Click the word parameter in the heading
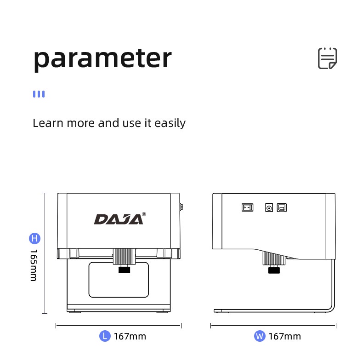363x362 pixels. click(x=102, y=58)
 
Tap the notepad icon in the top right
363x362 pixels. click(x=328, y=58)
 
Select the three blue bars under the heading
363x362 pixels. click(x=39, y=94)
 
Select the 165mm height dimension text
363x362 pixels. click(x=34, y=266)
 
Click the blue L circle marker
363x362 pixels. click(x=105, y=336)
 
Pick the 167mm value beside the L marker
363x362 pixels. click(x=130, y=336)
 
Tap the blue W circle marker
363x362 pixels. click(x=260, y=336)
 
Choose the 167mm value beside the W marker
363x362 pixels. click(x=284, y=336)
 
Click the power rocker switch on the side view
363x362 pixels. click(x=247, y=207)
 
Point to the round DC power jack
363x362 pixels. click(x=269, y=208)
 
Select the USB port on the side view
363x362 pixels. click(x=281, y=208)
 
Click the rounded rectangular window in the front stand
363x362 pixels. click(x=119, y=280)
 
